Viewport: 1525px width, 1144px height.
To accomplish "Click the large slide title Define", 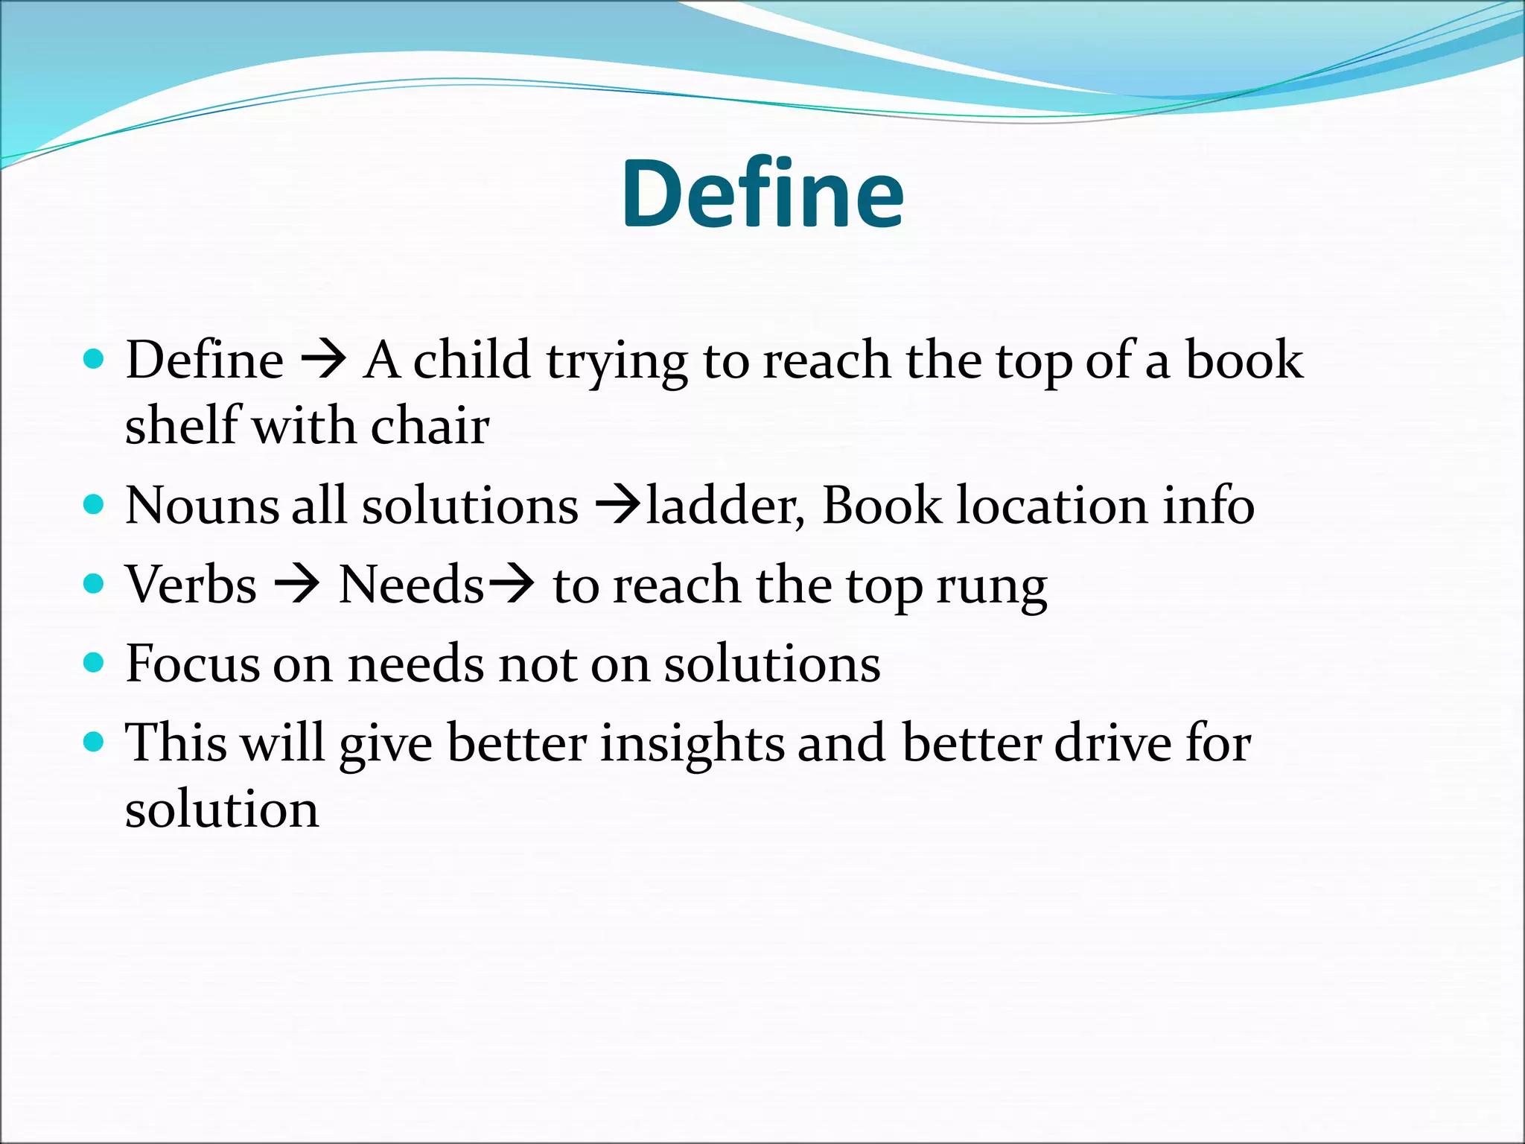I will (x=762, y=195).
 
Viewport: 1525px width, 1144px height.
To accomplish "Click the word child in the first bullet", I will (x=471, y=360).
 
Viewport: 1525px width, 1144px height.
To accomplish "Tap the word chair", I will (x=430, y=426).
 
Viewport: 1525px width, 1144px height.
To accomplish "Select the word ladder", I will (x=725, y=506).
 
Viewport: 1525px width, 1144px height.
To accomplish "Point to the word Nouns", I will (x=201, y=506).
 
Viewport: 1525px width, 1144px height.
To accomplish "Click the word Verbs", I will (x=191, y=585).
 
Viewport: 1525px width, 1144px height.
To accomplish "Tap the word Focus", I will (x=192, y=664).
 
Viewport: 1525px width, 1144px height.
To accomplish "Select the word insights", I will (x=692, y=744).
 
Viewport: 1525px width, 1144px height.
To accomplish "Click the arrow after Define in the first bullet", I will (x=323, y=361).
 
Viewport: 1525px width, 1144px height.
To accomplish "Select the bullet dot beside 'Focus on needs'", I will (x=93, y=662).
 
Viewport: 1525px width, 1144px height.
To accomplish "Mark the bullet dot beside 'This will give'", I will (x=93, y=742).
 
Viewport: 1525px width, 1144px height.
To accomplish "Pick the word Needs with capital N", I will (x=411, y=585).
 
